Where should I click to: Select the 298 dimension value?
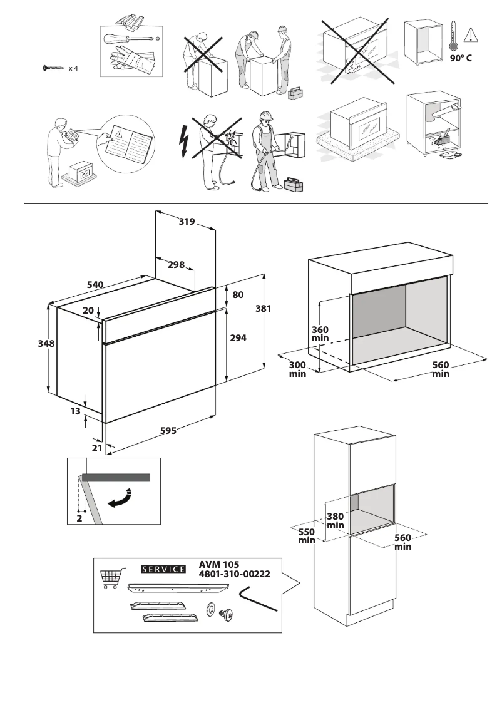tap(176, 265)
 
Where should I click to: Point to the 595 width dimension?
tap(168, 431)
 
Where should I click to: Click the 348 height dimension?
tap(46, 344)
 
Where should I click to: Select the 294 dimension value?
tap(238, 337)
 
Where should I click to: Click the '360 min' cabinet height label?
tap(320, 334)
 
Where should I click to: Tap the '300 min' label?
tap(297, 369)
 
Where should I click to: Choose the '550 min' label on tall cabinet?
tap(306, 536)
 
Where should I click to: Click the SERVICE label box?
tap(164, 569)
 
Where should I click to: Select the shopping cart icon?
tap(110, 579)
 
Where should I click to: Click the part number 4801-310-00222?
tap(234, 574)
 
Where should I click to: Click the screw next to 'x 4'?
tap(54, 68)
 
